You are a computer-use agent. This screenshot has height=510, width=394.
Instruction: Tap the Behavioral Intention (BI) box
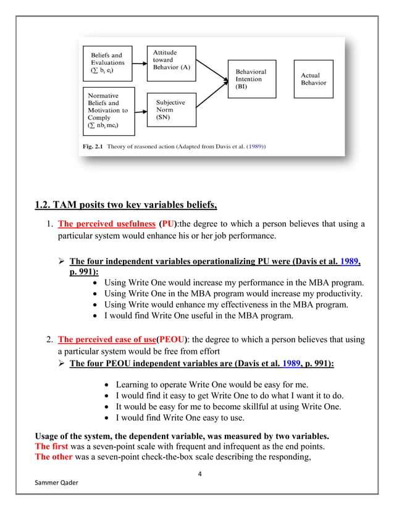point(253,79)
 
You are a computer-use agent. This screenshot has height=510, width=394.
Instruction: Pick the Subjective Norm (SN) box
point(172,109)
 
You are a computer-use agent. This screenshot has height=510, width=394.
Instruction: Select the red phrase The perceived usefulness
point(107,224)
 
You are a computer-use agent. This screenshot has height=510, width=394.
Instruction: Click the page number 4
point(199,474)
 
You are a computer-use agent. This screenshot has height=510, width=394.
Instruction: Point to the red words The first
point(52,446)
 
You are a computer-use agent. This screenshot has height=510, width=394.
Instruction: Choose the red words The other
point(52,457)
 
